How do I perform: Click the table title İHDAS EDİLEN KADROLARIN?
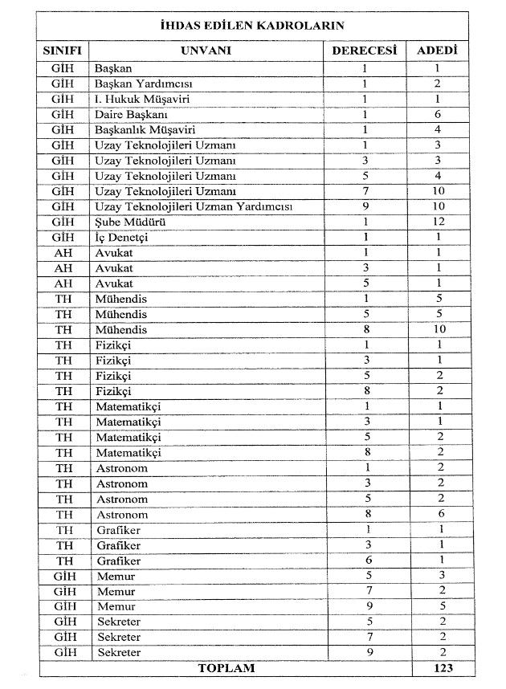tap(252, 25)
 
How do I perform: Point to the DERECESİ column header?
tap(365, 50)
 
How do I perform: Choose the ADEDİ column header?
tap(438, 50)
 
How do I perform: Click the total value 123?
tap(438, 668)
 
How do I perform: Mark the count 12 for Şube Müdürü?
tap(438, 222)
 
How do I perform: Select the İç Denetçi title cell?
tap(121, 238)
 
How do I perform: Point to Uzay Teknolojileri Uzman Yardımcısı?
tap(194, 206)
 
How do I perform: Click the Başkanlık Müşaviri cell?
tap(145, 129)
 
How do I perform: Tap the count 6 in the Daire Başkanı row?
tap(438, 114)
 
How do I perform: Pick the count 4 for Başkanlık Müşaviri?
tap(438, 129)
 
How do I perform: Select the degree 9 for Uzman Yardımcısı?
tap(365, 206)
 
